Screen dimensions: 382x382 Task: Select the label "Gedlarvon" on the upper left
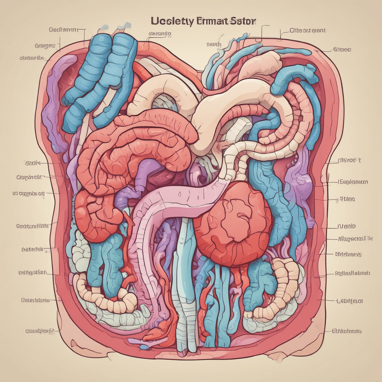tap(63, 30)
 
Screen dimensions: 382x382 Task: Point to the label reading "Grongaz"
tap(45, 46)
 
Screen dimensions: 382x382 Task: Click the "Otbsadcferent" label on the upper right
tap(308, 30)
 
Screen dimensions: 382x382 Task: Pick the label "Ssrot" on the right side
tap(350, 160)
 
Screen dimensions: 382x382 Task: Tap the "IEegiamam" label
tap(352, 182)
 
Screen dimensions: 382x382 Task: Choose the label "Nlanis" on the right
tap(346, 226)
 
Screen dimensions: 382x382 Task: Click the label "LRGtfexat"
tap(349, 301)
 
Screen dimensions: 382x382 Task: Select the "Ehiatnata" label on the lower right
tap(347, 331)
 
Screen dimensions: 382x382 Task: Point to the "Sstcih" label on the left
tap(33, 163)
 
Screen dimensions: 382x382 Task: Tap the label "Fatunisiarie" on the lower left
tap(36, 300)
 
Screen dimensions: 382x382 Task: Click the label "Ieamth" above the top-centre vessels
tap(214, 45)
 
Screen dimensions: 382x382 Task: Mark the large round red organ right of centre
tap(236, 224)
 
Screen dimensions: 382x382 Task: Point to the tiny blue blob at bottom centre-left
tap(144, 347)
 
